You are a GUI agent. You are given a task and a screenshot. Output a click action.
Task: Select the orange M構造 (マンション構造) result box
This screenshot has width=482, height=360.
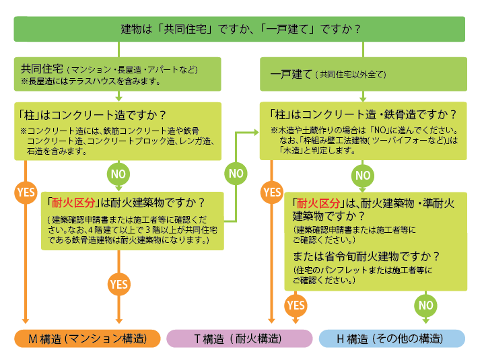[87, 338]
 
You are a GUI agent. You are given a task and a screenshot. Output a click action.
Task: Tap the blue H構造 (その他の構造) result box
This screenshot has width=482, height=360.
[392, 338]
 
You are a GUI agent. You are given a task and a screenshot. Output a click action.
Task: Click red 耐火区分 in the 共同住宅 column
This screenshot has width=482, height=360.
[71, 201]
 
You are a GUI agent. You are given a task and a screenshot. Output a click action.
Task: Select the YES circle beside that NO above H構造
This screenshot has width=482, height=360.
[296, 305]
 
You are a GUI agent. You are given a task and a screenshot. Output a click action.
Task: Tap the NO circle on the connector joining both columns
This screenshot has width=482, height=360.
[235, 173]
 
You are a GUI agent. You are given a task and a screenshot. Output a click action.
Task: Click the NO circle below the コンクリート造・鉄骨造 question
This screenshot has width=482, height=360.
[363, 175]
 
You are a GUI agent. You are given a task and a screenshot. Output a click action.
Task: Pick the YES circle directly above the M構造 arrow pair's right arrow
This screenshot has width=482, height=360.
[119, 283]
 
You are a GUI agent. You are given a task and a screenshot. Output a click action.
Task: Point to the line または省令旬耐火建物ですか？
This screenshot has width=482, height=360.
[366, 256]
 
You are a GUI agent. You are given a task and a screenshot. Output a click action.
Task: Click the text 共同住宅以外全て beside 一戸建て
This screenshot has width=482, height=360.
[349, 75]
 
